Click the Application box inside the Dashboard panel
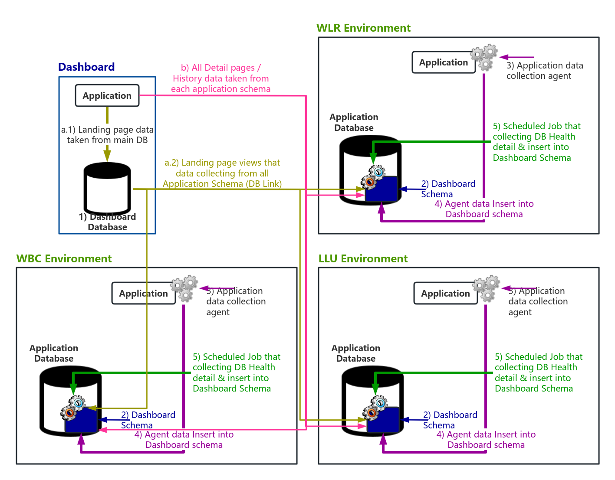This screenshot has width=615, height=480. click(x=107, y=95)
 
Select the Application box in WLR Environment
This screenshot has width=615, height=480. click(x=444, y=62)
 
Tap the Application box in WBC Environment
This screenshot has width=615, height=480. click(x=143, y=294)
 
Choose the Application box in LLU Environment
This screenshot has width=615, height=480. click(x=445, y=294)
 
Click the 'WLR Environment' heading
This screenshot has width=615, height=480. click(x=363, y=28)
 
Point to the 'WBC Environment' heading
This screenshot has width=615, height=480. click(x=64, y=259)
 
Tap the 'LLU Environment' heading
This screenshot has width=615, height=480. click(x=363, y=259)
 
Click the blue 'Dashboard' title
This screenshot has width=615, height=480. click(x=86, y=67)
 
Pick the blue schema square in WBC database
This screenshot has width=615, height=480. click(x=82, y=421)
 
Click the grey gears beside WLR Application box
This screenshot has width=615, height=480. click(x=485, y=57)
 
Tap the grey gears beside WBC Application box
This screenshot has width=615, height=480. click(x=184, y=288)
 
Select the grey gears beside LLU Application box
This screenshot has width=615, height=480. click(x=487, y=288)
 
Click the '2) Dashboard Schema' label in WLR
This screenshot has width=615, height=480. click(x=448, y=189)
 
